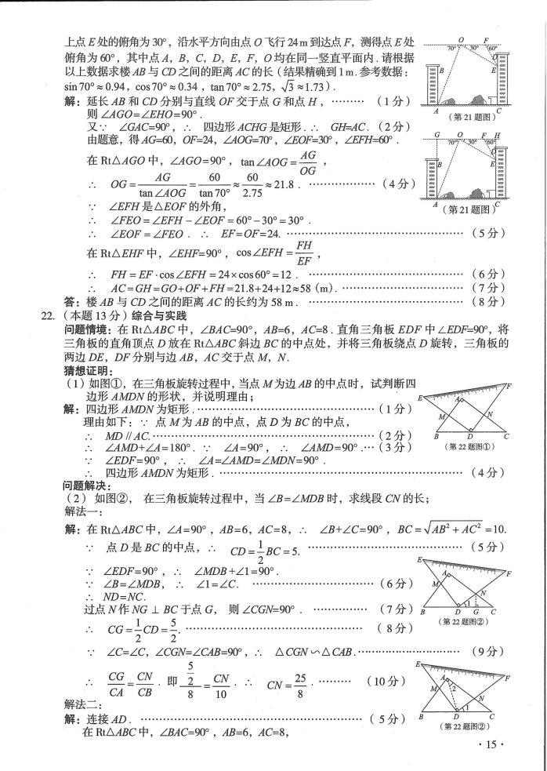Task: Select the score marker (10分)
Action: coord(363,681)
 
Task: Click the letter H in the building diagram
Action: coord(499,136)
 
